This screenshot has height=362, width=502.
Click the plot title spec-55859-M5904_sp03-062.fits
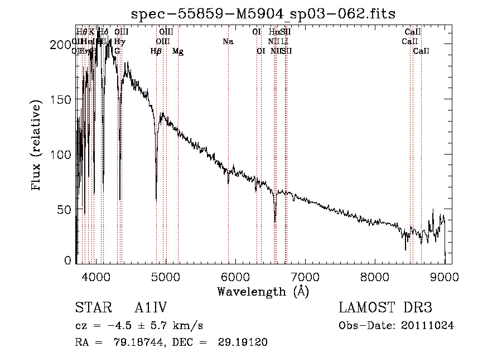[x=263, y=13]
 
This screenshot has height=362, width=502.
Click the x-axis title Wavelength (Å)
[x=263, y=291]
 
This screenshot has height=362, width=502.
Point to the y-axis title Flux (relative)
[x=37, y=146]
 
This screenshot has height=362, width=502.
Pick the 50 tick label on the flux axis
[x=66, y=209]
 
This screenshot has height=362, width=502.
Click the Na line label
[x=228, y=42]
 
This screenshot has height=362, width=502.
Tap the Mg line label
[x=178, y=51]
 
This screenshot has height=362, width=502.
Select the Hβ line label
[x=156, y=51]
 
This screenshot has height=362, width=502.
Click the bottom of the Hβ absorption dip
[x=156, y=200]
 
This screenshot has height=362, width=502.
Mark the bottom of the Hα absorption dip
[x=275, y=221]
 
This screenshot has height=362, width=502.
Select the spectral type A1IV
[x=151, y=308]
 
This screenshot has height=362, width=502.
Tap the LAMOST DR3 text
[x=385, y=308]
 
